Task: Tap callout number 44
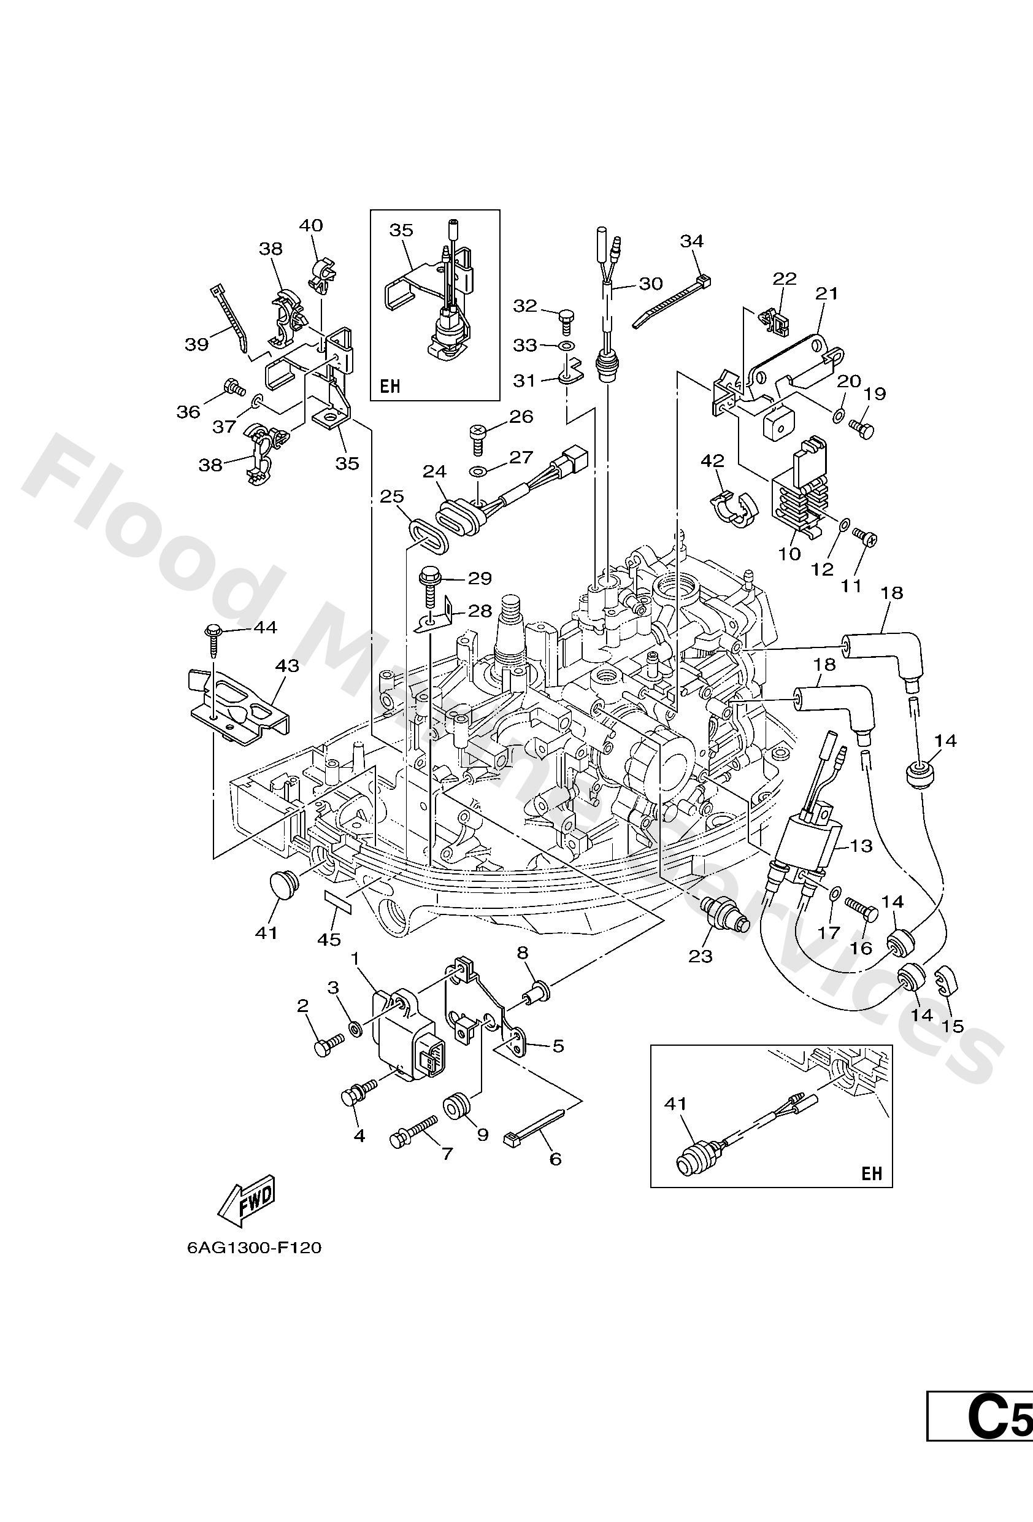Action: tap(264, 627)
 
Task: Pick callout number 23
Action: tap(700, 957)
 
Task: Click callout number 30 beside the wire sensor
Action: tap(651, 284)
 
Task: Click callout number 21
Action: tap(826, 293)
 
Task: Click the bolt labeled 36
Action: tap(232, 388)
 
